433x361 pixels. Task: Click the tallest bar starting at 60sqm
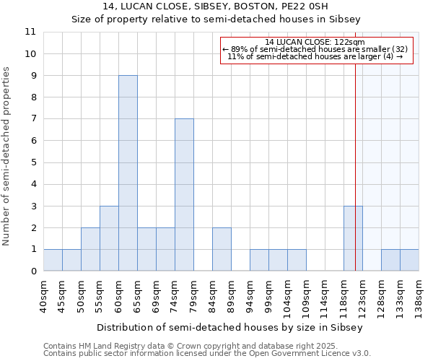click(128, 173)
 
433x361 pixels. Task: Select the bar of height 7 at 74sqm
click(184, 195)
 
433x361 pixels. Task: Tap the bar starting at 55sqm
click(109, 238)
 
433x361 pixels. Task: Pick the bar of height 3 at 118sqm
click(353, 238)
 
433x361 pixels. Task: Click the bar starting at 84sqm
click(222, 249)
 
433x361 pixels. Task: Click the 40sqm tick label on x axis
click(43, 293)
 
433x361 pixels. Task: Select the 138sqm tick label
click(419, 293)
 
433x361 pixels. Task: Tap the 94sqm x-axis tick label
click(250, 293)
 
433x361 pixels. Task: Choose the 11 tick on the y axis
click(30, 32)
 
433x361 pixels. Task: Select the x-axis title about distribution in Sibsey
click(231, 327)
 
